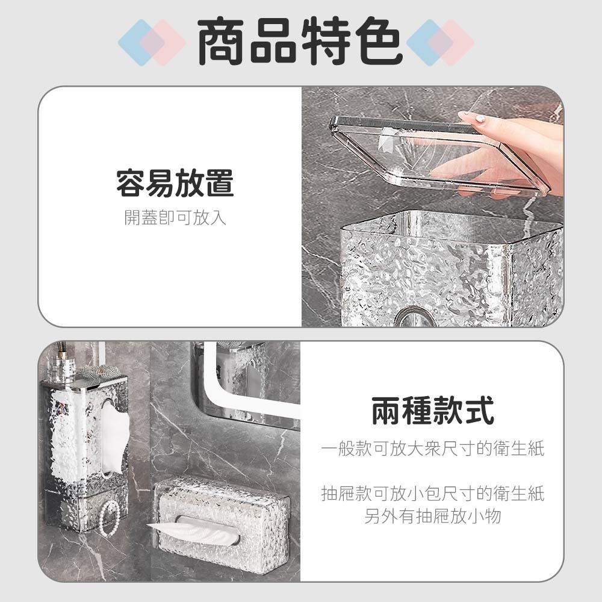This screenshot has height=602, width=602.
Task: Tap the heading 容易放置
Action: tap(175, 183)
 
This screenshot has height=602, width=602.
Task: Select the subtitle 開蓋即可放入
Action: tap(175, 217)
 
